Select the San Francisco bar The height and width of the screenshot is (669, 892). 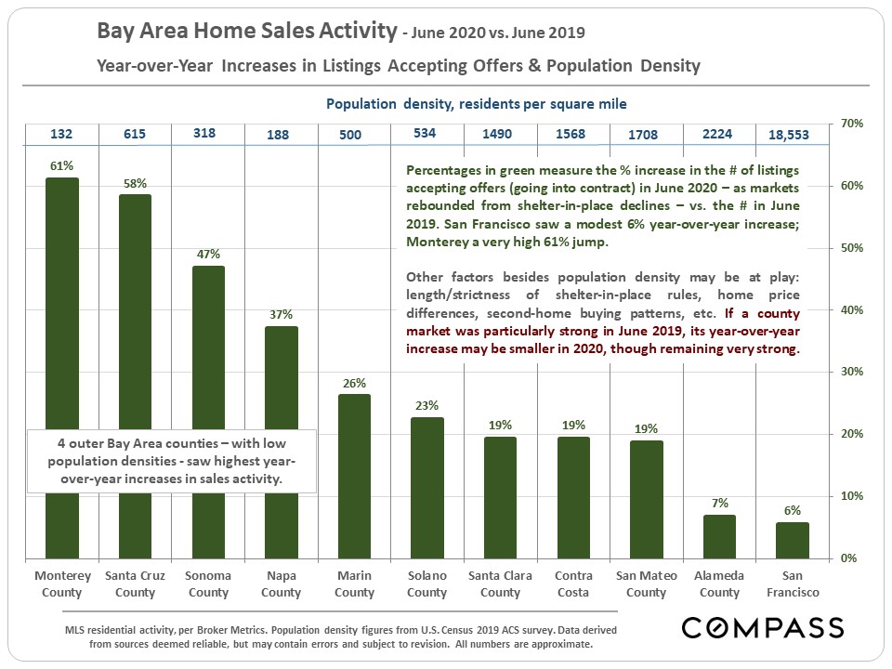793,540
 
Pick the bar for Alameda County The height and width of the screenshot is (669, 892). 719,536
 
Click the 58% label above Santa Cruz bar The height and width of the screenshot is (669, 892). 136,183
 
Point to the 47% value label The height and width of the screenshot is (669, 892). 208,254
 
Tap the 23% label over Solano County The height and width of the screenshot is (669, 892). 427,405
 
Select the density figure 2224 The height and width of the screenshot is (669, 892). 718,134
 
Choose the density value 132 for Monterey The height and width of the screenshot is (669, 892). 62,134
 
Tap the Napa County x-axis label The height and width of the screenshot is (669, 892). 282,584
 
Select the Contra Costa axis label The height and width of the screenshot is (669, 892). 573,584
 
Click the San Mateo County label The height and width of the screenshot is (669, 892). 646,584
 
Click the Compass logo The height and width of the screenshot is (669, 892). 762,627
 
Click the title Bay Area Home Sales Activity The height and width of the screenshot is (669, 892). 246,33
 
